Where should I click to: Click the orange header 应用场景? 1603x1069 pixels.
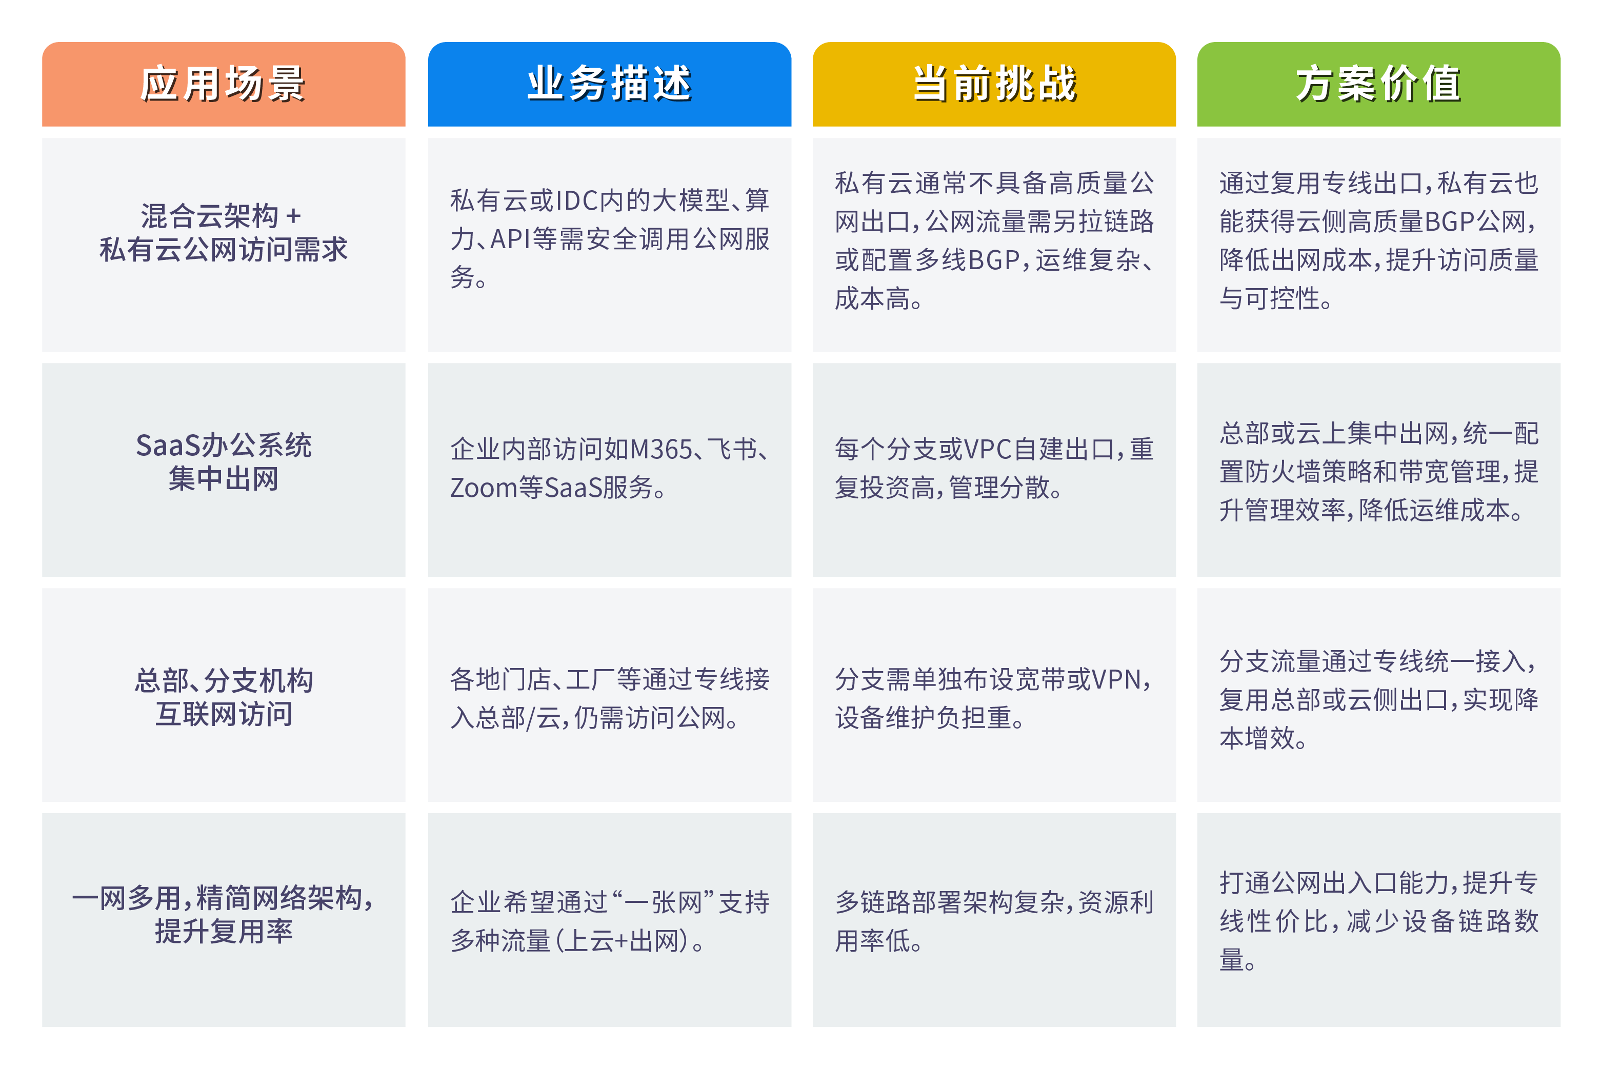224,84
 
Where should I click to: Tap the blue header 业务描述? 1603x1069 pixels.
610,84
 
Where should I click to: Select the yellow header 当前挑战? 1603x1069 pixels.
994,84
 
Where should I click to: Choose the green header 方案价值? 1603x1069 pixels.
1379,84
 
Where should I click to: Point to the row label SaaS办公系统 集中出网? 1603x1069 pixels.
224,461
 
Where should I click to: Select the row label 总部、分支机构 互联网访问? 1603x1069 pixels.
224,697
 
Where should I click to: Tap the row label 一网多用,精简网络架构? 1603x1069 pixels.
224,899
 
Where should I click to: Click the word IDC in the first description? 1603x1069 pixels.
577,200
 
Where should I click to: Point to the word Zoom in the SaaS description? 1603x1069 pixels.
484,488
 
